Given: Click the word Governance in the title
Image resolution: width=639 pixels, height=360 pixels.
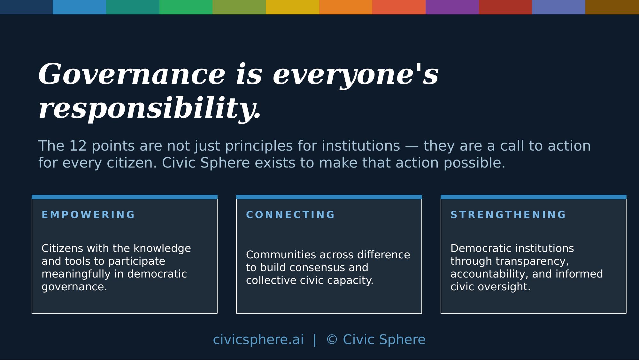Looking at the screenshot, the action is coord(132,74).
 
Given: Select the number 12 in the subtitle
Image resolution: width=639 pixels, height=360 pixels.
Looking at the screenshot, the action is coord(78,146).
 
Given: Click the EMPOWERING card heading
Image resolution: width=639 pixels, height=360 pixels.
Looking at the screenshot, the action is coord(88,215).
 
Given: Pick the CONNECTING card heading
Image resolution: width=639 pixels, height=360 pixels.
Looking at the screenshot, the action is coord(290,215).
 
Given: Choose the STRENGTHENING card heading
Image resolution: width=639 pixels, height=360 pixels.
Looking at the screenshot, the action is coord(508,215).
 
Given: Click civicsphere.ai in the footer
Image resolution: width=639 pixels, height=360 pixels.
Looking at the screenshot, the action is coord(258,340).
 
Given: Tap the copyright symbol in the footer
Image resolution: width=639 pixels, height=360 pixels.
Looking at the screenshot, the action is coord(332,340).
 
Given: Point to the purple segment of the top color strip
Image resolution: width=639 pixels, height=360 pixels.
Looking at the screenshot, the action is coord(452,7).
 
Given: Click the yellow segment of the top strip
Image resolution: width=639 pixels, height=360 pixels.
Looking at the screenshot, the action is coord(292,7).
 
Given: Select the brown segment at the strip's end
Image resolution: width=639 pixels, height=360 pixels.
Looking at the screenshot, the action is coord(612,7).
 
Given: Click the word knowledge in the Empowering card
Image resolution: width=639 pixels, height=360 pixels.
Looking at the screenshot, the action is coord(162,249).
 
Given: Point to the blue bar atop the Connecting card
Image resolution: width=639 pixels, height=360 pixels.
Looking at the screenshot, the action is coord(329,197).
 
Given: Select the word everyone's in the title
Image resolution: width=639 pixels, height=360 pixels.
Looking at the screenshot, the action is coord(356,75).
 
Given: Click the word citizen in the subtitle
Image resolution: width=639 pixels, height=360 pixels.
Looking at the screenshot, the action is coord(132,163).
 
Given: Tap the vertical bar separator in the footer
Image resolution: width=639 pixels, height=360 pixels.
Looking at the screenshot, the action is coord(315,340).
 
